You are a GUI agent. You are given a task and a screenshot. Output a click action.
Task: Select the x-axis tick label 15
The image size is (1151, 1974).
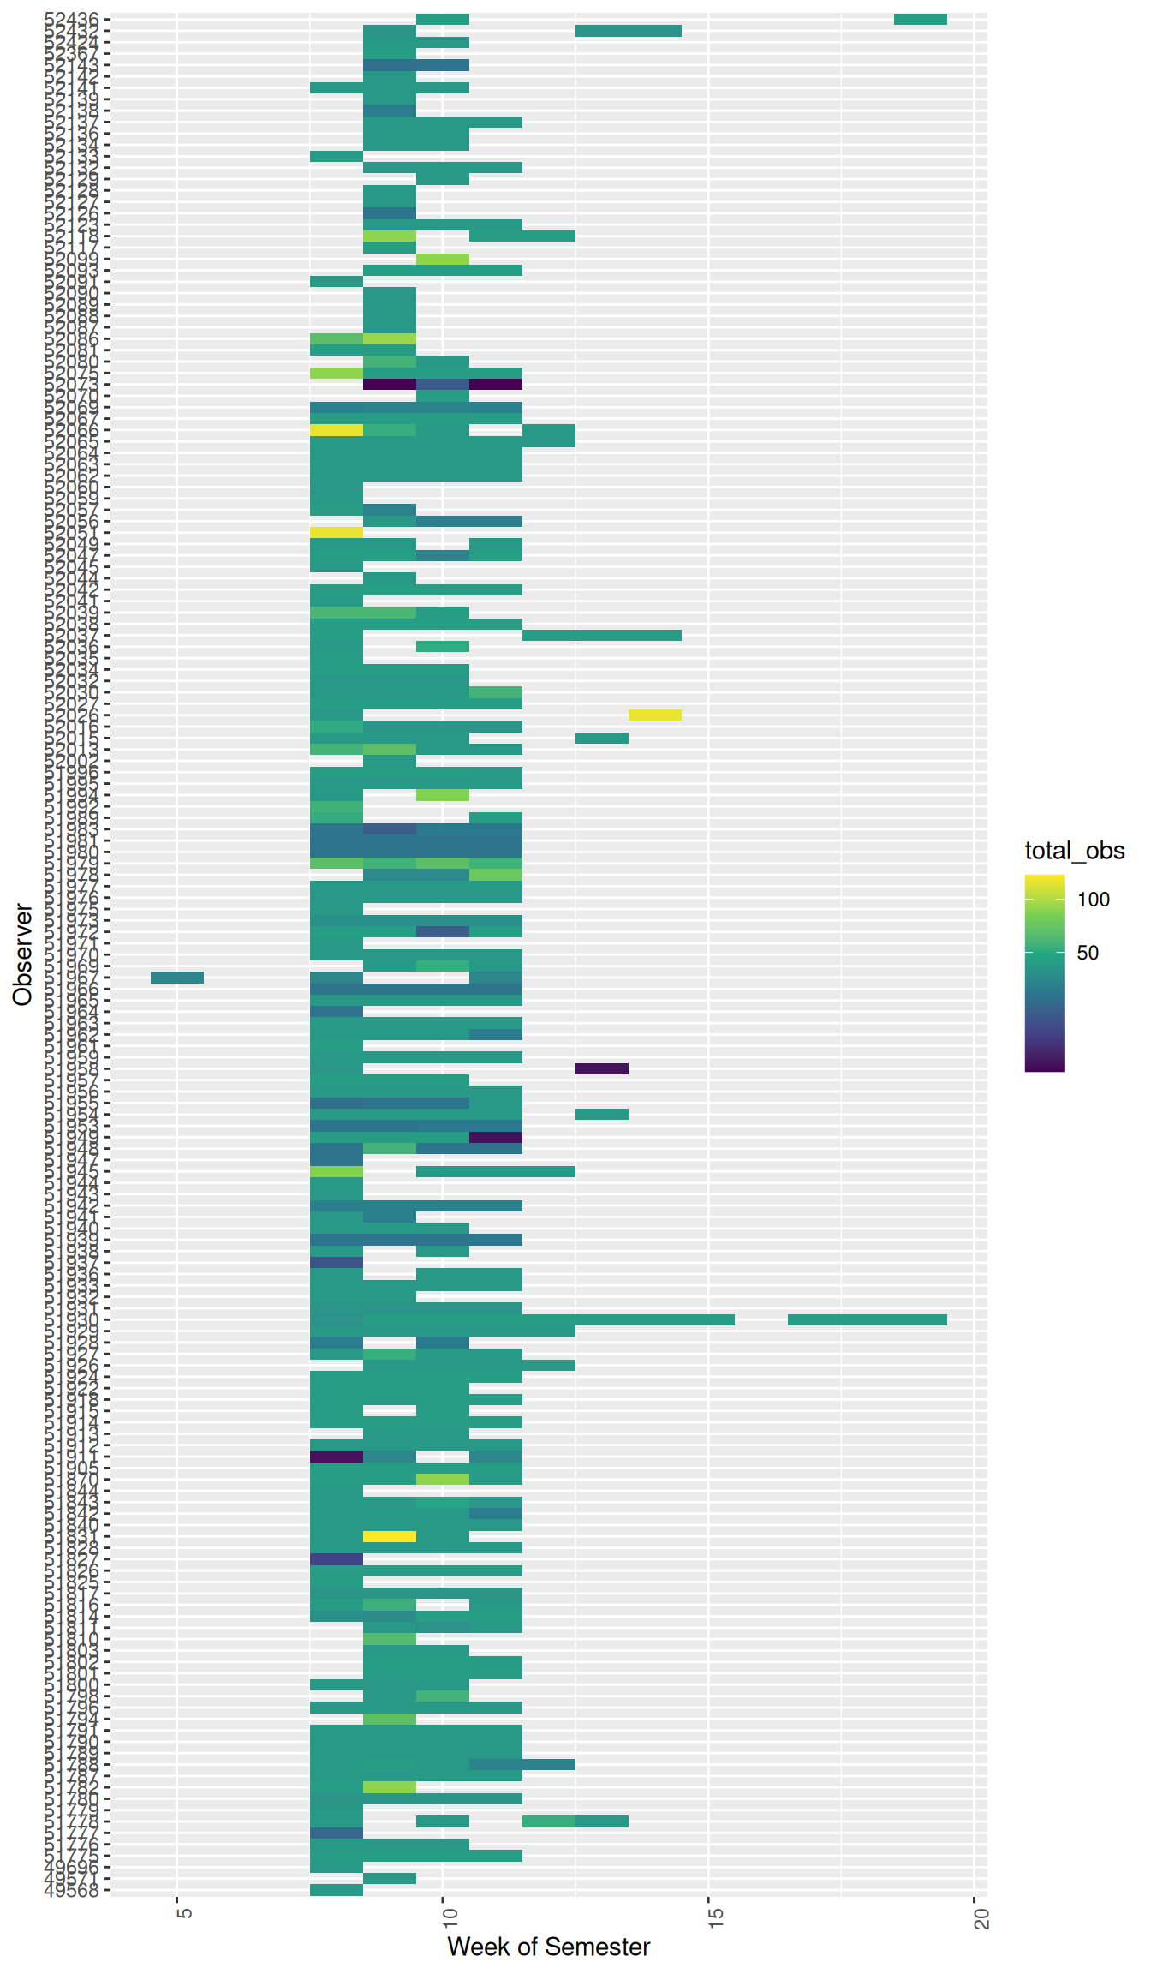point(714,1915)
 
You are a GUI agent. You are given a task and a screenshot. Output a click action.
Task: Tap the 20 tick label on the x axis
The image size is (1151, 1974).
point(981,1915)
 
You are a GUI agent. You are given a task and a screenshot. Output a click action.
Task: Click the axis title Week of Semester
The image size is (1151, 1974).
point(548,1947)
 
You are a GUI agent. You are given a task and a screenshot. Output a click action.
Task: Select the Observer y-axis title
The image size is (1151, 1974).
point(22,954)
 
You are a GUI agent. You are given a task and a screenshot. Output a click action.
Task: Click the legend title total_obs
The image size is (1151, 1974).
point(1074,851)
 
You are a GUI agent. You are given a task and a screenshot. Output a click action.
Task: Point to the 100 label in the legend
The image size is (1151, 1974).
point(1094,900)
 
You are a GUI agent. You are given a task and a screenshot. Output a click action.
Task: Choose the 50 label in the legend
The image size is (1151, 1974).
point(1088,953)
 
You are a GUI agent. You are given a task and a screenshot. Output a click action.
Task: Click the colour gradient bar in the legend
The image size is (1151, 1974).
point(1044,972)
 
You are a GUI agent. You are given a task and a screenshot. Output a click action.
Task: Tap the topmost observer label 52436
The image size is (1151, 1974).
point(72,19)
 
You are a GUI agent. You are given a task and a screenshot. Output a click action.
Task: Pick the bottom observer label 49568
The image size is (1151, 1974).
point(72,1890)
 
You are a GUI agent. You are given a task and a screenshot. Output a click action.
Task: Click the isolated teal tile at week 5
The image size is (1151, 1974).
point(177,978)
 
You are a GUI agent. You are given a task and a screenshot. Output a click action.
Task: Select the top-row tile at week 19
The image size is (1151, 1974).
point(921,19)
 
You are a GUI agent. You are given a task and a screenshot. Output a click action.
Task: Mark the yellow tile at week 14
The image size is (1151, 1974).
point(655,715)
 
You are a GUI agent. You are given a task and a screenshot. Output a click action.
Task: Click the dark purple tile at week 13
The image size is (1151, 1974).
point(602,1068)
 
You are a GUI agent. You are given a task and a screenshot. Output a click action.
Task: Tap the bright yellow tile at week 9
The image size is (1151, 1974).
point(390,1536)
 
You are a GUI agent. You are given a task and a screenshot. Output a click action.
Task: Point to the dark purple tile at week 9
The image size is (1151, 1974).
point(390,385)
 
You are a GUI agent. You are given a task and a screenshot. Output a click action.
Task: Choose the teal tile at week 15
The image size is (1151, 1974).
point(708,1319)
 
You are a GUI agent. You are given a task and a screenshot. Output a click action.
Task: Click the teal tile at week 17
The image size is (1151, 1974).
point(814,1319)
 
